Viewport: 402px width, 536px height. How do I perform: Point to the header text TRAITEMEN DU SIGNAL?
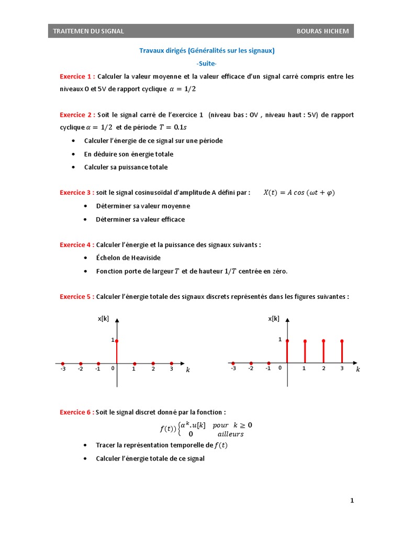(x=88, y=31)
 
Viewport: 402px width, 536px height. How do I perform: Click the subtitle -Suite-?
(x=206, y=64)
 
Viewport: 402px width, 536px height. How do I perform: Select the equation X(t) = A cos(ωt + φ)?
(x=298, y=193)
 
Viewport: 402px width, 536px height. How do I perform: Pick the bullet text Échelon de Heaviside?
(x=128, y=258)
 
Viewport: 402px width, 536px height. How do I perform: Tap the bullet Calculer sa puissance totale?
(x=126, y=167)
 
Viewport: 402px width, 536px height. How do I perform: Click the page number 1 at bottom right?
(x=352, y=501)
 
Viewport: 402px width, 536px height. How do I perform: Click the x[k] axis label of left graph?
(x=103, y=318)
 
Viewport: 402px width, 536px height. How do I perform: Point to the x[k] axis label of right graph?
(x=274, y=318)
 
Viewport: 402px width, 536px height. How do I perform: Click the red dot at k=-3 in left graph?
(x=62, y=363)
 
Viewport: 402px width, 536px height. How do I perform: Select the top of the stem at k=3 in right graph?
(x=342, y=341)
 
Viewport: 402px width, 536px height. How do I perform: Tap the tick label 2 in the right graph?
(x=323, y=369)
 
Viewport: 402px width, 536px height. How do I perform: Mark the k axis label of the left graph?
(x=188, y=370)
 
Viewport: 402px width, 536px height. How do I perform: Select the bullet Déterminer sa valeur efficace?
(x=140, y=220)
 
